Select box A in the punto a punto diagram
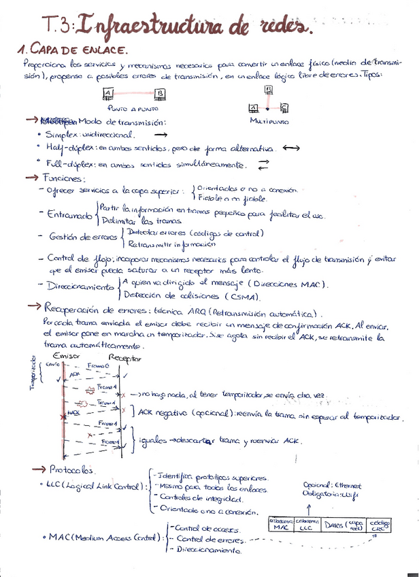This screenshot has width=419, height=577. click(x=108, y=94)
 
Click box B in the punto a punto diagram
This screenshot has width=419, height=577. click(x=159, y=94)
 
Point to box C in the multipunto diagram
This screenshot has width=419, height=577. click(x=284, y=108)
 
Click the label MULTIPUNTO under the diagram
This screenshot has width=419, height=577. click(x=270, y=122)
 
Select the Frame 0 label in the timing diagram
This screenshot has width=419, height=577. click(x=99, y=366)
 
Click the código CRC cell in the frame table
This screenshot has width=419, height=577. click(x=380, y=524)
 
